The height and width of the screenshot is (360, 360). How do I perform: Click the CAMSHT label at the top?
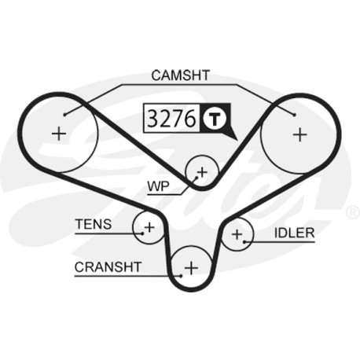(181, 75)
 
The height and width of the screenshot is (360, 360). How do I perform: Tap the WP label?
(159, 186)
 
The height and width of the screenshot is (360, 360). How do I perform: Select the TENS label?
(94, 224)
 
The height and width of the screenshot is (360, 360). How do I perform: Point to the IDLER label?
(294, 233)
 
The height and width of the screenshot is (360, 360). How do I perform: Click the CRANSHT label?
(108, 267)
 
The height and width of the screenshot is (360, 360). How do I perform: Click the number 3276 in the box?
(171, 119)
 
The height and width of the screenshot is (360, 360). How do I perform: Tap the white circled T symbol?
(215, 119)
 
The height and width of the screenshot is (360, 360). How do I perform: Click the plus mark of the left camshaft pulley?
(59, 134)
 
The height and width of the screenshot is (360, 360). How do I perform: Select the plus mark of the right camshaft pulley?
(299, 134)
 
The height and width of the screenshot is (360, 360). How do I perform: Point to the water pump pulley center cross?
(202, 172)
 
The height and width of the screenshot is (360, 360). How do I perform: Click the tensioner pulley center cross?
(149, 227)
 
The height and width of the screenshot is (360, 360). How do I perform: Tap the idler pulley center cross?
(237, 234)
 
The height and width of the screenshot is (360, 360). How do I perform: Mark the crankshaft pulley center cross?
(191, 268)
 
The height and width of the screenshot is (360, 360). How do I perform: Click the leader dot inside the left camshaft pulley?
(64, 115)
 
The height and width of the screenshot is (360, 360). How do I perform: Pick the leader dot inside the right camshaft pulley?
(295, 115)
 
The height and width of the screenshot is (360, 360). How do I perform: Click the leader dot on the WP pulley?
(196, 178)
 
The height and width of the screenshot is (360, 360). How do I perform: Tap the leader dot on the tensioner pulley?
(142, 233)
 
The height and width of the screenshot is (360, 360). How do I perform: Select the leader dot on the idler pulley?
(244, 241)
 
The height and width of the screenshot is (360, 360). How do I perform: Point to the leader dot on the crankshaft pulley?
(181, 276)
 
